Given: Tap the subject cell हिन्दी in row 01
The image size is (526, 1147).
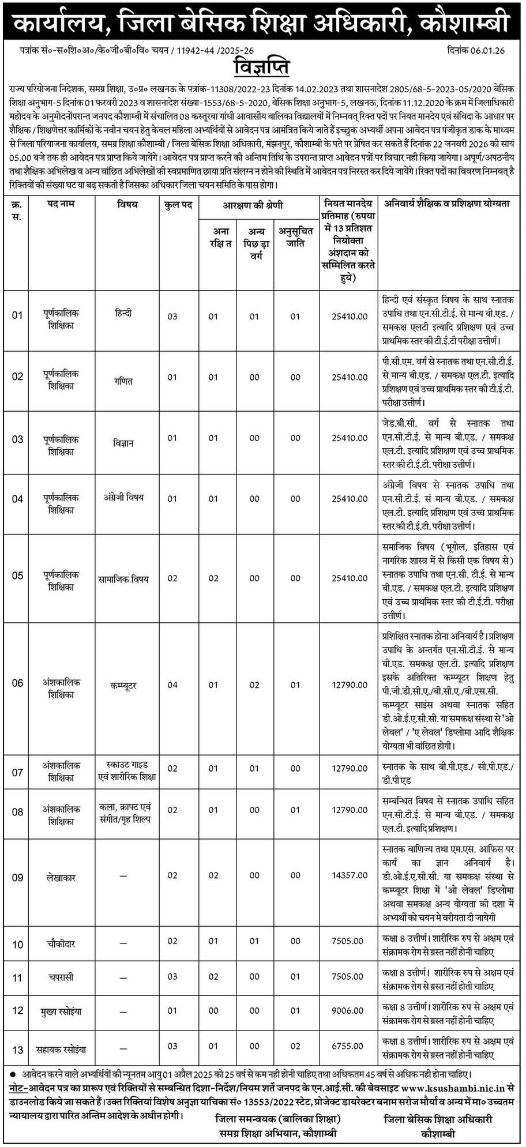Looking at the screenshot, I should pos(123,313).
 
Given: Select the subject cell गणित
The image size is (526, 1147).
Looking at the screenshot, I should pos(123,381).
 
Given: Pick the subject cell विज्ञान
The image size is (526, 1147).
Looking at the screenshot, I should pos(123,443).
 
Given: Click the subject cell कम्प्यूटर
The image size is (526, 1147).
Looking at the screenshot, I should pos(123,686).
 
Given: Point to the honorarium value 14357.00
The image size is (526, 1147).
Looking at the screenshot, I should pos(350,875).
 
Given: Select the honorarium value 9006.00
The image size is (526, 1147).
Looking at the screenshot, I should pos(350,1010).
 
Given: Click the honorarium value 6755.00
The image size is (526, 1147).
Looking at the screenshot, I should pos(350,1046).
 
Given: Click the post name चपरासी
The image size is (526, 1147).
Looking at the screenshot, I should pos(61,977).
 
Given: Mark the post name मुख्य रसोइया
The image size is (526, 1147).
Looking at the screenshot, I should pos(61,1011).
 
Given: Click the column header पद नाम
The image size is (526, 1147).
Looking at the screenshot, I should pos(61,204).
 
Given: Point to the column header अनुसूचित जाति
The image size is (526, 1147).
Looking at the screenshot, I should pos(296,237).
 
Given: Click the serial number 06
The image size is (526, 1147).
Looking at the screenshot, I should pos(17,683).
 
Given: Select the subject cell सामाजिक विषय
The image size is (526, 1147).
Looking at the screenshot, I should pos(123,578).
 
